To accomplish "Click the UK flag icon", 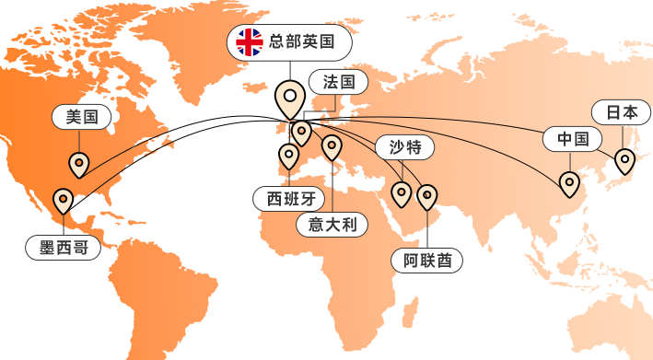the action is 249,41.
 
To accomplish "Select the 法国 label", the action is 338,82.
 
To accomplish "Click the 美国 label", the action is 81,116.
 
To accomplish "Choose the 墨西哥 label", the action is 63,247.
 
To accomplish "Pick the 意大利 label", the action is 332,224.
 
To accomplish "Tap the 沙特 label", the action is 404,146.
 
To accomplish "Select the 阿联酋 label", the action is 426,261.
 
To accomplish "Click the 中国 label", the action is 572,139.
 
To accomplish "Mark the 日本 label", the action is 622,112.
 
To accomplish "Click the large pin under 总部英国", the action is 291,99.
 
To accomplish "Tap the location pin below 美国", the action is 79,165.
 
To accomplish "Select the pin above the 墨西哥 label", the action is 63,200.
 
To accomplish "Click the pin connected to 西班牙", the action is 289,155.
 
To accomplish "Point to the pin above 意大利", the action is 332,146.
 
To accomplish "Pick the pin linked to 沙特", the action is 402,193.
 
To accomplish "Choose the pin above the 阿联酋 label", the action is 426,196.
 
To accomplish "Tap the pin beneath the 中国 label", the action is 570,184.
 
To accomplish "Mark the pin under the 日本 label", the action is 625,160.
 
